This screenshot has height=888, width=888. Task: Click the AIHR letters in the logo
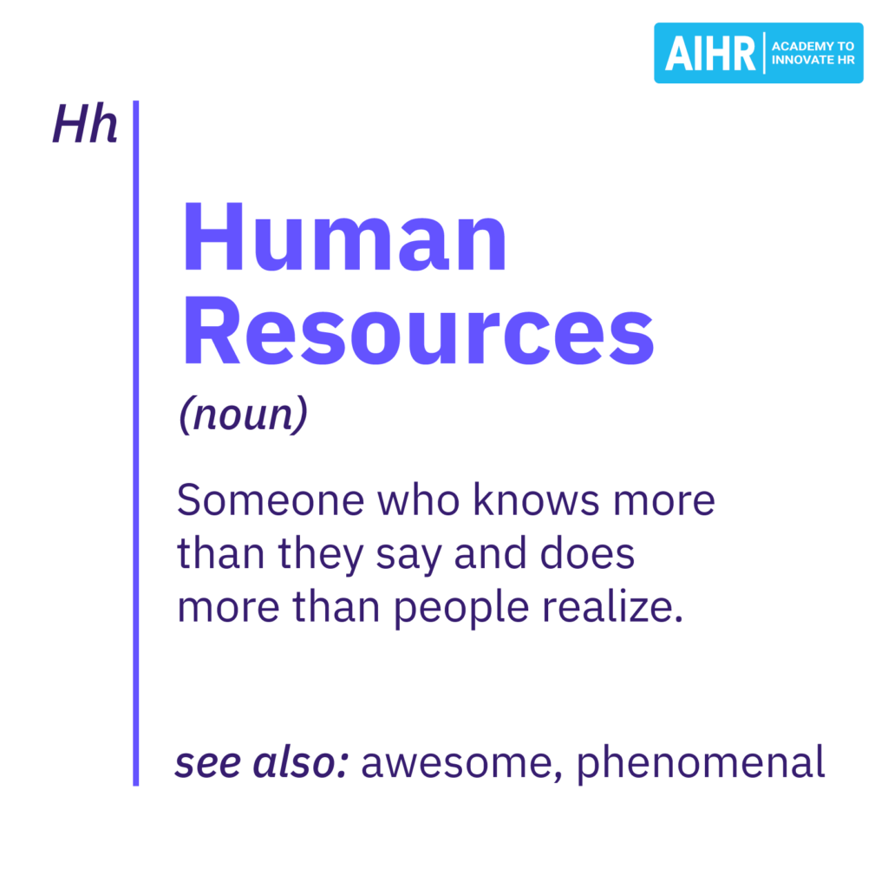pyautogui.click(x=710, y=53)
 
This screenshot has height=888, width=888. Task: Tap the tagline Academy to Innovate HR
pyautogui.click(x=812, y=53)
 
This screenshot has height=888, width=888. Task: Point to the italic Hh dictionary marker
pyautogui.click(x=84, y=125)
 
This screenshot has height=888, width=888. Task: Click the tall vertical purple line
pyautogui.click(x=136, y=442)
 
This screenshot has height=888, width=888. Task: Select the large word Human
pyautogui.click(x=343, y=239)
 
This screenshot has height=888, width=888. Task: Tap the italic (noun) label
pyautogui.click(x=243, y=415)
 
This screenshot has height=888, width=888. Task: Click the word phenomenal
pyautogui.click(x=701, y=763)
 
